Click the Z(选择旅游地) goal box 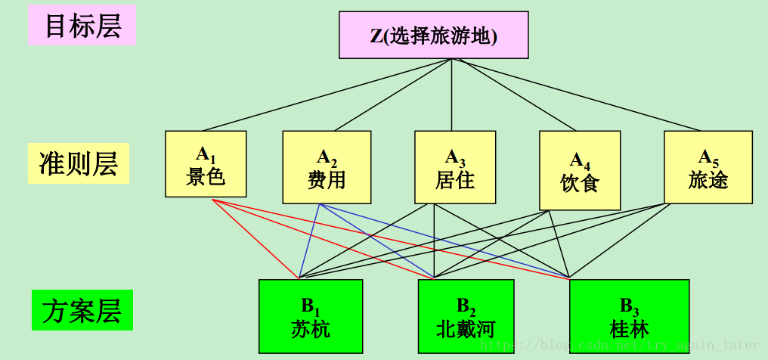click(433, 35)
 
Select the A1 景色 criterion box click(206, 164)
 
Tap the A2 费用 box click(327, 167)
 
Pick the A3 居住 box click(455, 167)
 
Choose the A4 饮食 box click(580, 170)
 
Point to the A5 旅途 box click(708, 167)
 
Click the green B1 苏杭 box click(311, 316)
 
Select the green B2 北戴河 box click(466, 316)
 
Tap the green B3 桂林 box click(629, 316)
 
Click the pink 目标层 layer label click(82, 26)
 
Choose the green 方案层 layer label click(82, 311)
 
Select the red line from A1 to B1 click(255, 237)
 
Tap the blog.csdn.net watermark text click(620, 346)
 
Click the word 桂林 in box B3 click(629, 329)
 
